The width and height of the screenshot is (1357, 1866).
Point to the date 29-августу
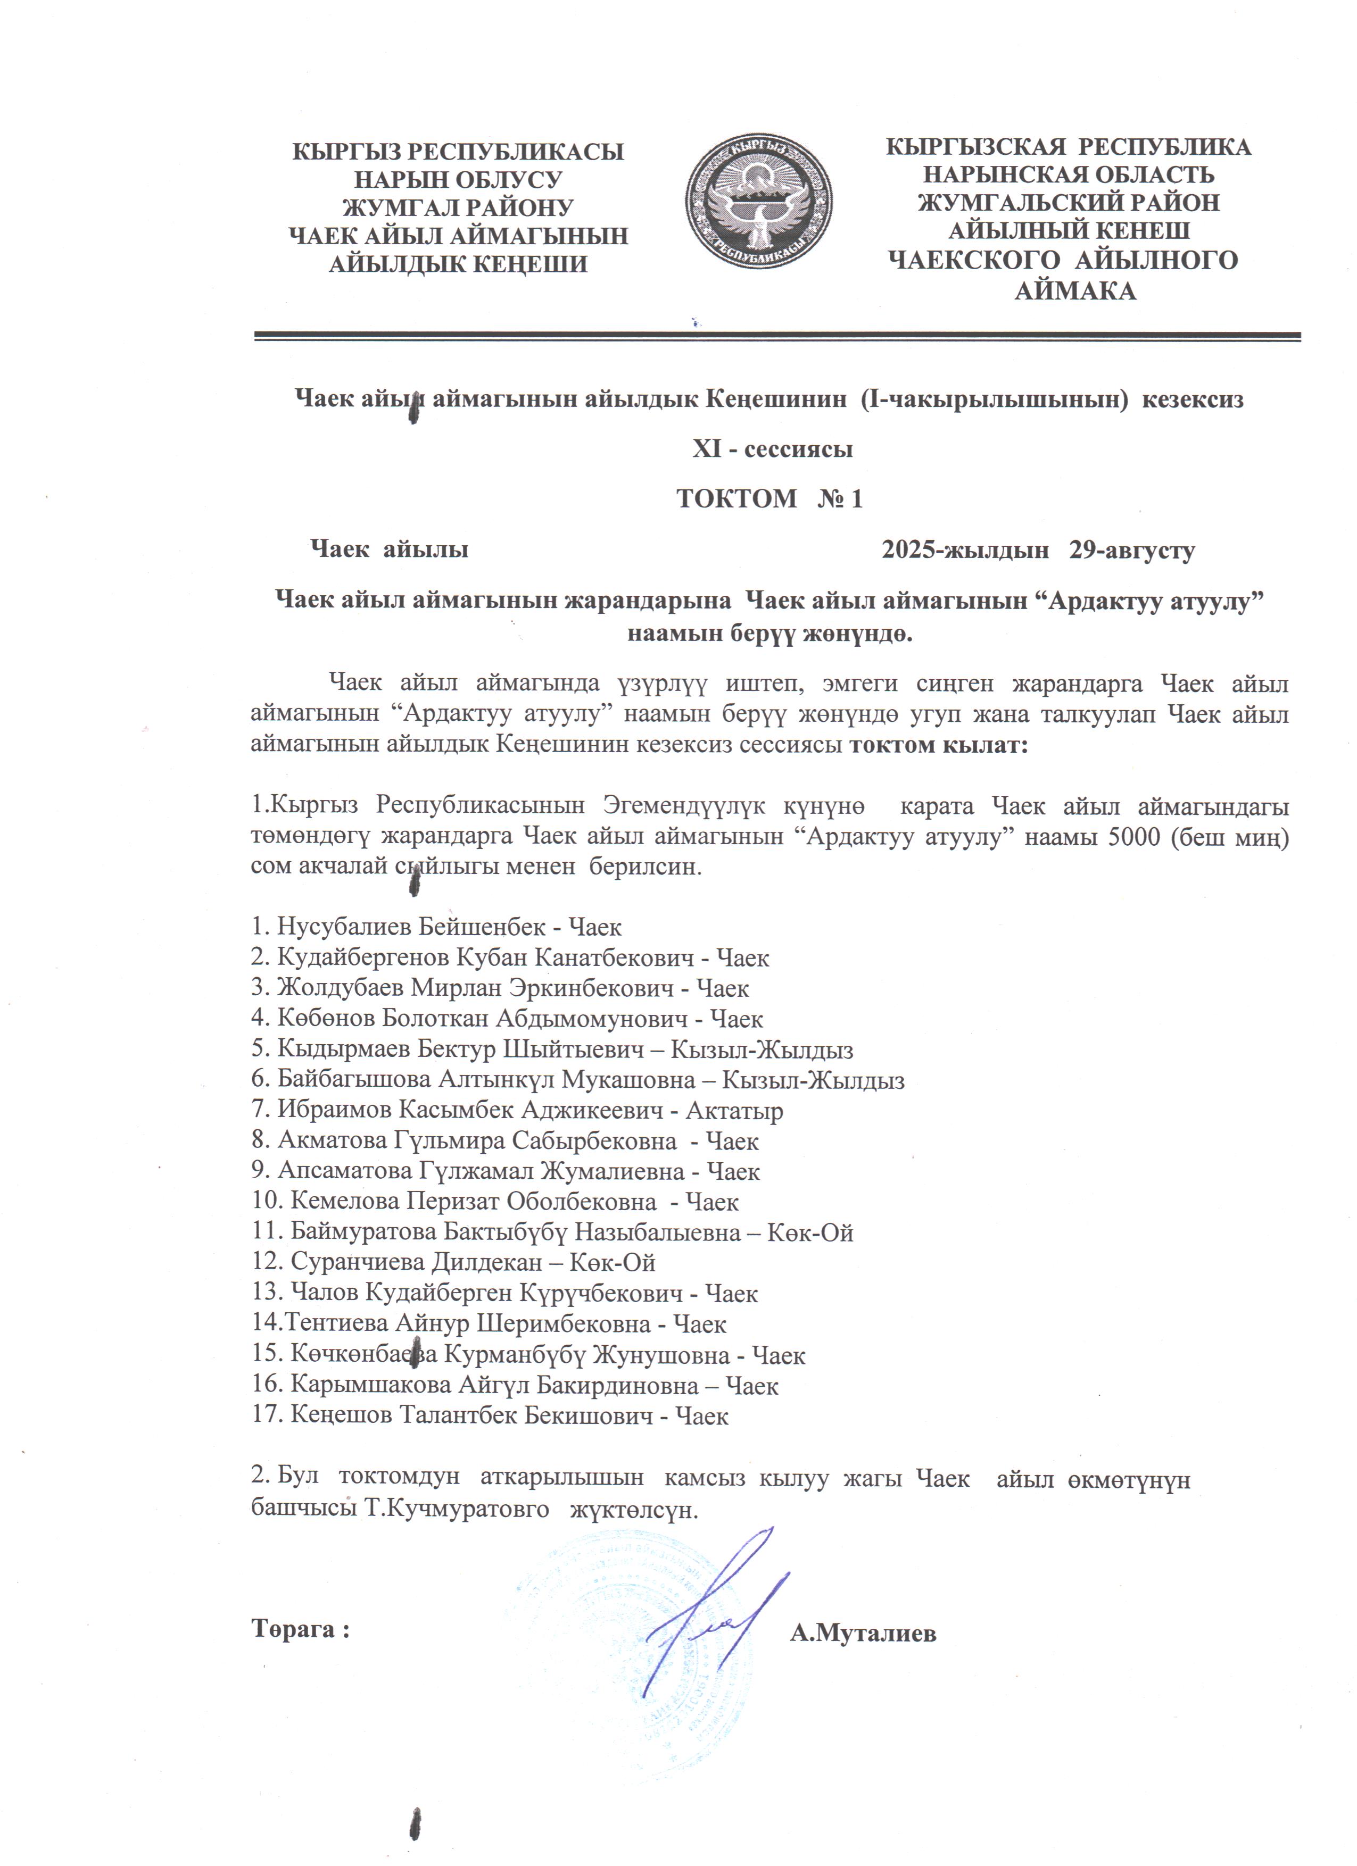tap(1131, 549)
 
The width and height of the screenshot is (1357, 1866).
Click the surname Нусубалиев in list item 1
tap(343, 927)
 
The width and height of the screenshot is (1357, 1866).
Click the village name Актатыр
tap(734, 1111)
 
